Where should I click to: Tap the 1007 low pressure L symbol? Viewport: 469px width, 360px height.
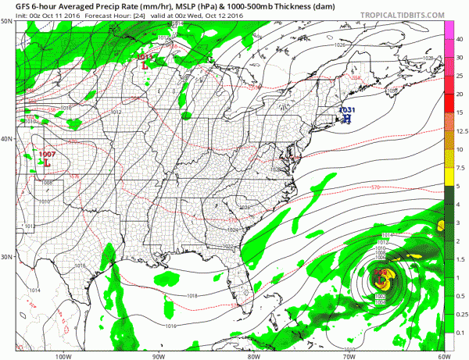(47, 165)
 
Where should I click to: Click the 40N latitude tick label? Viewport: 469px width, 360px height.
(7, 139)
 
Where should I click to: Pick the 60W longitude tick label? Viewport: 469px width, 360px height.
(442, 355)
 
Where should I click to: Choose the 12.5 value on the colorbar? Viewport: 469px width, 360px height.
(460, 130)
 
